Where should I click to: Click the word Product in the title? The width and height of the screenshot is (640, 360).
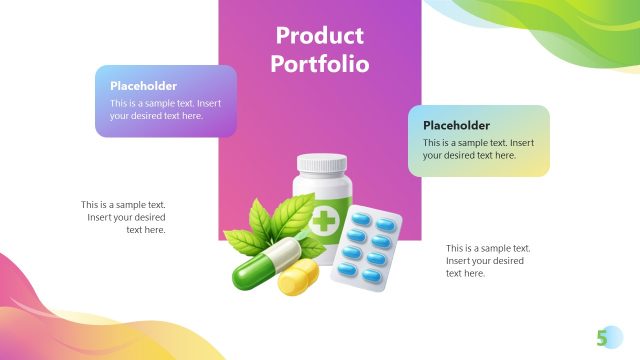coord(320,37)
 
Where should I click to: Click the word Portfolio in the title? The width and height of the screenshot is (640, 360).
coord(320,64)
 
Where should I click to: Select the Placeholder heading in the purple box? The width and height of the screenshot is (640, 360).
coord(143,86)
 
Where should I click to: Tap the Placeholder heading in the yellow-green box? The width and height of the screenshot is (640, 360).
coord(456,125)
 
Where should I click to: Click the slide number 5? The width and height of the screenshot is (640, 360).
coord(602,337)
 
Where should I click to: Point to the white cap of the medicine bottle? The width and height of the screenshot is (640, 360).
coord(322,162)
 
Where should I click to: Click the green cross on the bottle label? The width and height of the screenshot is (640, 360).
coord(324,221)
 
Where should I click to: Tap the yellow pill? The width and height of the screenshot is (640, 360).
coord(298,278)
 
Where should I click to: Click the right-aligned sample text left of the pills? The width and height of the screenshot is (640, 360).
coord(124,217)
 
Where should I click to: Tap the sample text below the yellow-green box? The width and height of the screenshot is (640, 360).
coord(487,260)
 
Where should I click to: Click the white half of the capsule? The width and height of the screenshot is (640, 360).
coord(283,251)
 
